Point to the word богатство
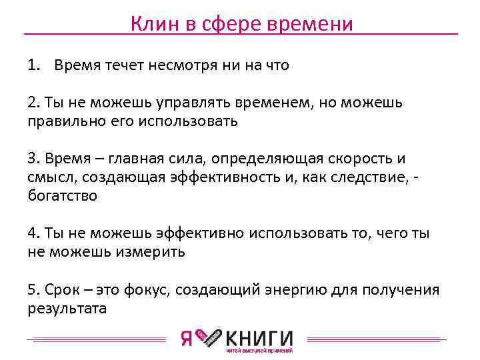click(63, 197)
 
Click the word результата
click(67, 309)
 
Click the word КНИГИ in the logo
click(261, 337)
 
